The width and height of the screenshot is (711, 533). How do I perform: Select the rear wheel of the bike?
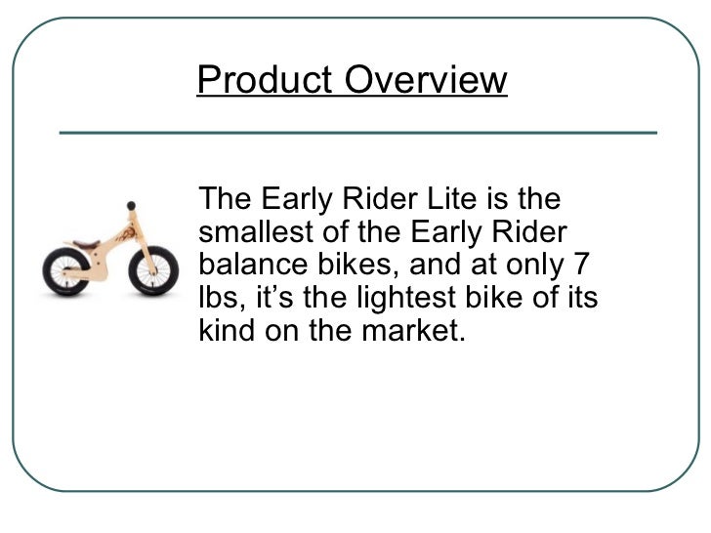coord(65,272)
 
